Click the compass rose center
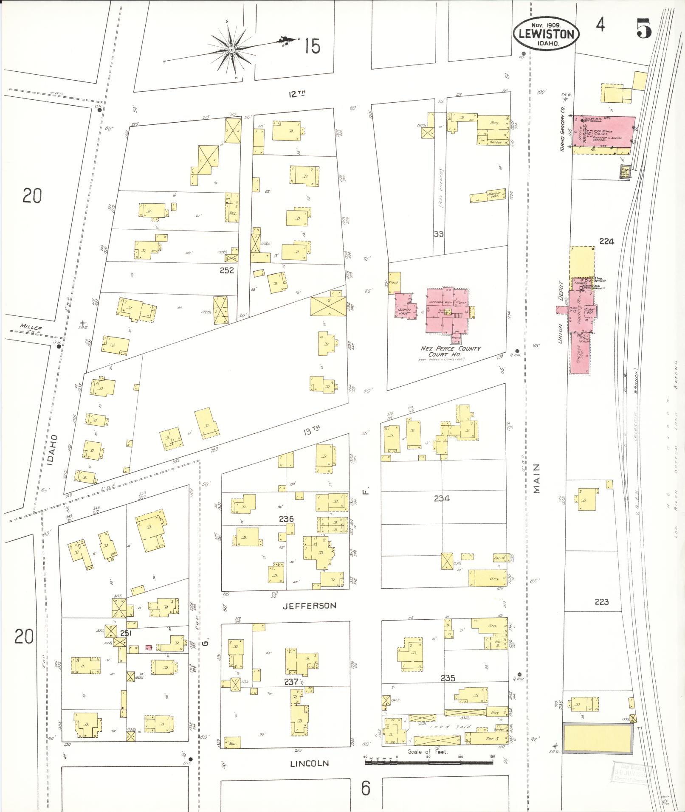231,50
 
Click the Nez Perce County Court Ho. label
450,351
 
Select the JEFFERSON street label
309,606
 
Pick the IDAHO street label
52,450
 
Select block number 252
227,270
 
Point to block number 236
286,519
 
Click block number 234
442,498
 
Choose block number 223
602,602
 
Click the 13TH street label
311,432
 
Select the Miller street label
31,328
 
